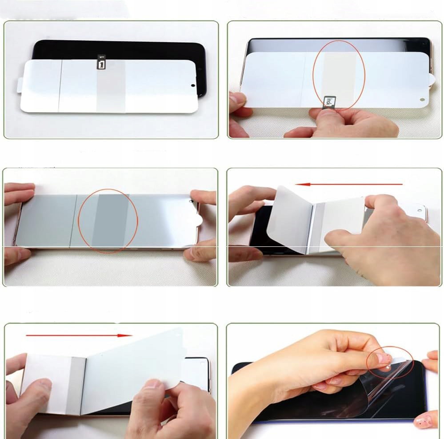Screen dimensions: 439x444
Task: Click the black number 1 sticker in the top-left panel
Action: coord(102,62)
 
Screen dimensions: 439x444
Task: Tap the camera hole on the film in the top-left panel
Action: coord(193,84)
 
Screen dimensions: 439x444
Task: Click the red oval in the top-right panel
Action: coord(339,75)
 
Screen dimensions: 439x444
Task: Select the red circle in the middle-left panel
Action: coord(108,221)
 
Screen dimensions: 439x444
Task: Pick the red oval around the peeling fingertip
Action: coord(390,362)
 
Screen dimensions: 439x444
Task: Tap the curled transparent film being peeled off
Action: coord(382,387)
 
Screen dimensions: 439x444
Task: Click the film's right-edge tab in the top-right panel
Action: coord(433,80)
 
